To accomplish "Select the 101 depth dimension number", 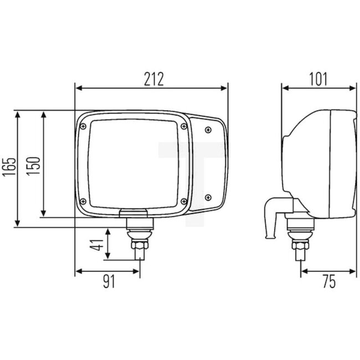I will coord(318,79).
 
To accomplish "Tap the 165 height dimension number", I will coord(9,167).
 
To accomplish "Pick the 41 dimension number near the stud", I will coord(98,244).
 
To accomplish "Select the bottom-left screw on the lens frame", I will coord(83,201).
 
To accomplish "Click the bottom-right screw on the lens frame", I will coord(183,201).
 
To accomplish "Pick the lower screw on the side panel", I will coord(208,197).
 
